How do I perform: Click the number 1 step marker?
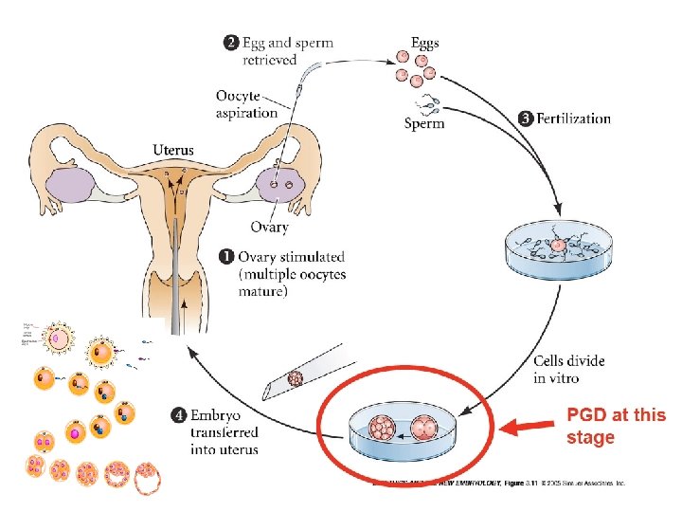point(226,257)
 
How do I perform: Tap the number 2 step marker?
point(229,43)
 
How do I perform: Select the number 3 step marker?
point(526,119)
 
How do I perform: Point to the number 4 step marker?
point(179,414)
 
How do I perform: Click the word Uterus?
point(173,149)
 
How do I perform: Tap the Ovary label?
point(270,227)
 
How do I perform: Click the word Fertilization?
point(574,119)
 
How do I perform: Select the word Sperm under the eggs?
point(425,123)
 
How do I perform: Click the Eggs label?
point(425,44)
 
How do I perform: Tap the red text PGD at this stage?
point(616,427)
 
